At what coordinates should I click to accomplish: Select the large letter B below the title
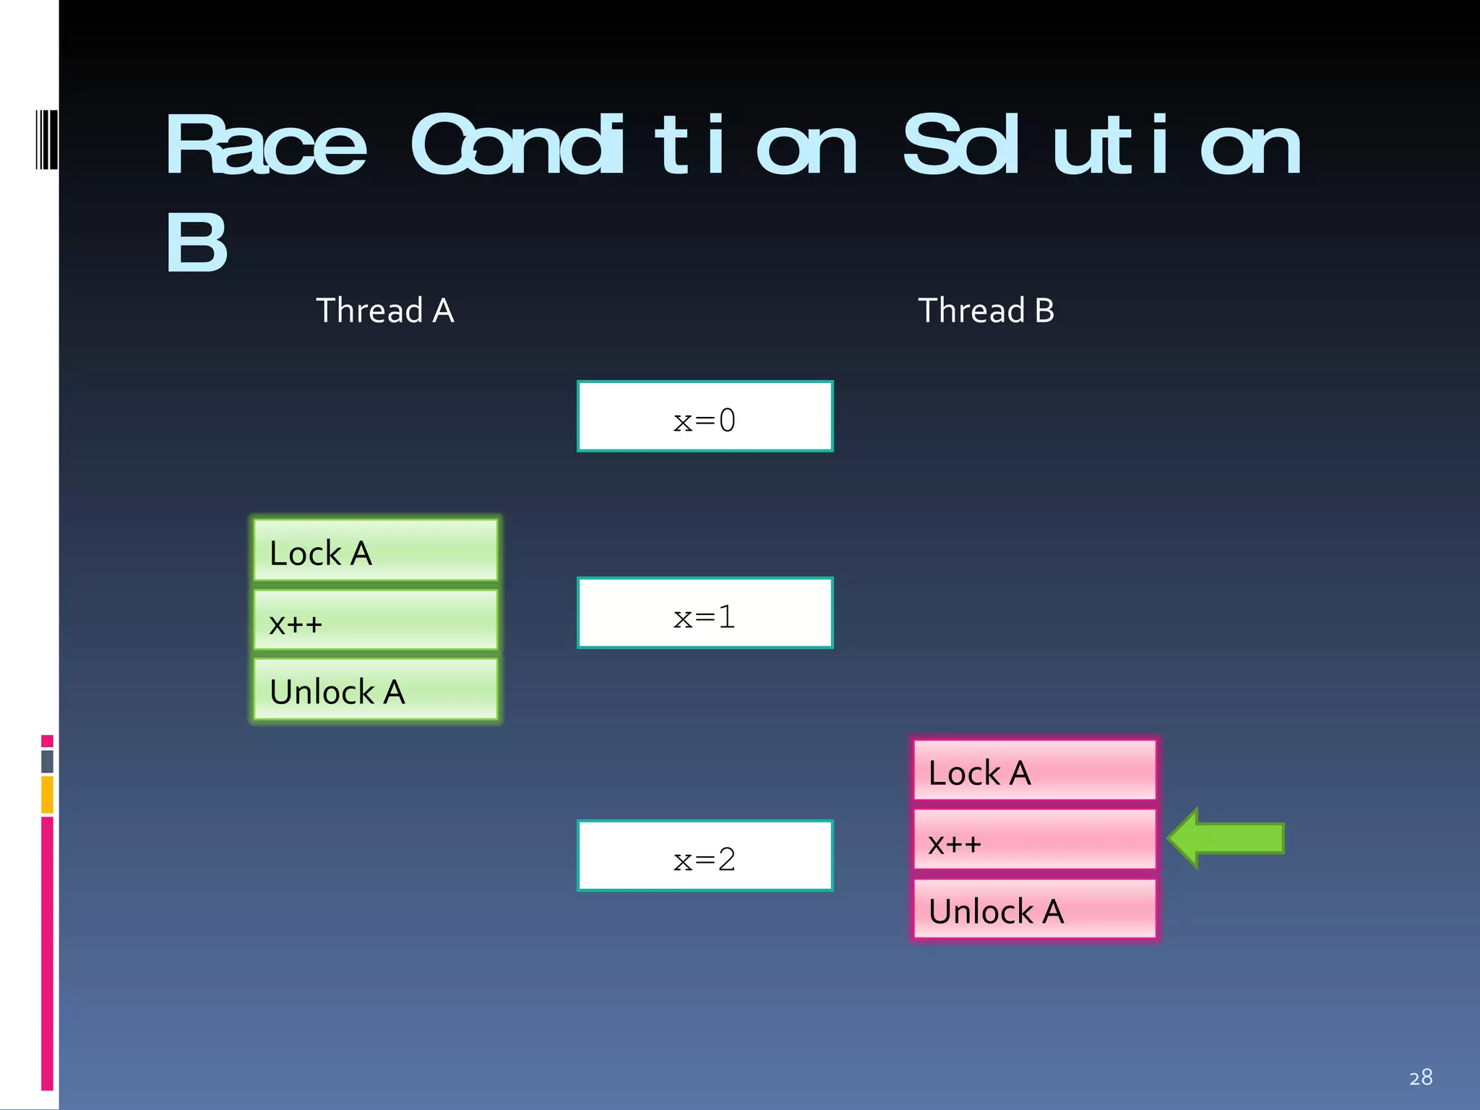click(196, 244)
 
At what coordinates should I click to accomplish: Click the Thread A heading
click(385, 311)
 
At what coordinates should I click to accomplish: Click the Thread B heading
click(986, 311)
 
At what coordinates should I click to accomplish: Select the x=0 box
click(705, 416)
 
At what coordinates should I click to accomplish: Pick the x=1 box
click(705, 613)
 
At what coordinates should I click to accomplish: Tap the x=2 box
click(705, 856)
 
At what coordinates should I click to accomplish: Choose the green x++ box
click(376, 620)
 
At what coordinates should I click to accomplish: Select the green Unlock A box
click(376, 689)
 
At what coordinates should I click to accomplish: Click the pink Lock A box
click(1034, 770)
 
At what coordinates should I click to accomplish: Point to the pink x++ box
click(1034, 840)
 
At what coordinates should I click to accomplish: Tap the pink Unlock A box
click(1034, 909)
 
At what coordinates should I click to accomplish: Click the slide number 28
click(1420, 1077)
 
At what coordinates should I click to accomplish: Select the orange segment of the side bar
click(47, 795)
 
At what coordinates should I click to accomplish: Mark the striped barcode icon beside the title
click(46, 139)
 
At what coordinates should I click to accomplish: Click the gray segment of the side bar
click(47, 762)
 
